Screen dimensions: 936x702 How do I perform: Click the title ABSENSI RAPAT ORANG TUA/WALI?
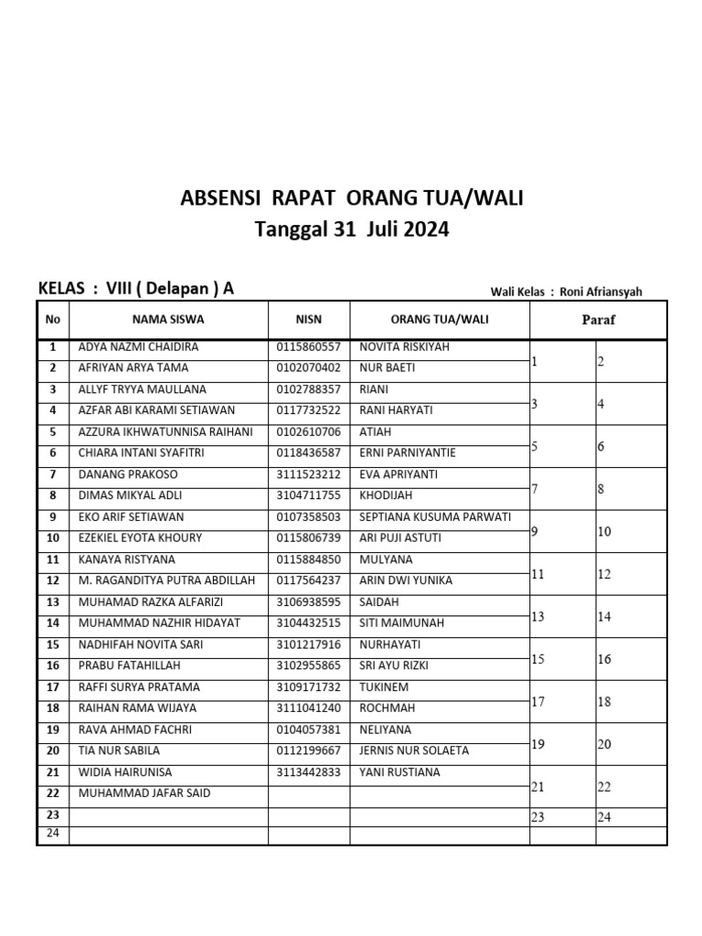tap(352, 197)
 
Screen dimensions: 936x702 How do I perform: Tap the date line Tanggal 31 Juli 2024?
tap(352, 229)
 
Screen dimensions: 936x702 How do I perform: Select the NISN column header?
tap(309, 320)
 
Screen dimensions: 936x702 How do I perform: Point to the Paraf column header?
tap(599, 320)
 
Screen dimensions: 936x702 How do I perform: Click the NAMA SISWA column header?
tap(168, 320)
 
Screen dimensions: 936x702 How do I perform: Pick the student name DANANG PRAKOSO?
tap(128, 474)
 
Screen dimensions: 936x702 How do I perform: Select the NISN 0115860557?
tap(308, 347)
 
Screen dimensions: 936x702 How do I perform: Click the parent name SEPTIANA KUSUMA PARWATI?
tap(435, 517)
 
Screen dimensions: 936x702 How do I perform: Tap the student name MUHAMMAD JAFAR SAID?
tap(144, 793)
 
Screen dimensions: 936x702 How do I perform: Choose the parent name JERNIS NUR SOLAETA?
tap(414, 750)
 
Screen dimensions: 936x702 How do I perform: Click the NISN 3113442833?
tap(308, 772)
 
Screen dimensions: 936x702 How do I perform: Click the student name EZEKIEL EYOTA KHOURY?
tap(141, 538)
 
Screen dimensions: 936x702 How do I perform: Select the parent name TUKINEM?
tap(382, 687)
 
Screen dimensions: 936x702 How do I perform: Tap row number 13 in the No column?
tap(53, 602)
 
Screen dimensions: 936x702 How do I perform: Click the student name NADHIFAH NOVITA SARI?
tap(141, 644)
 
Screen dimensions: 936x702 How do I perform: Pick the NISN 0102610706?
tap(308, 432)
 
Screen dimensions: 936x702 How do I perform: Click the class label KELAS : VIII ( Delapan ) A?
tap(136, 289)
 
